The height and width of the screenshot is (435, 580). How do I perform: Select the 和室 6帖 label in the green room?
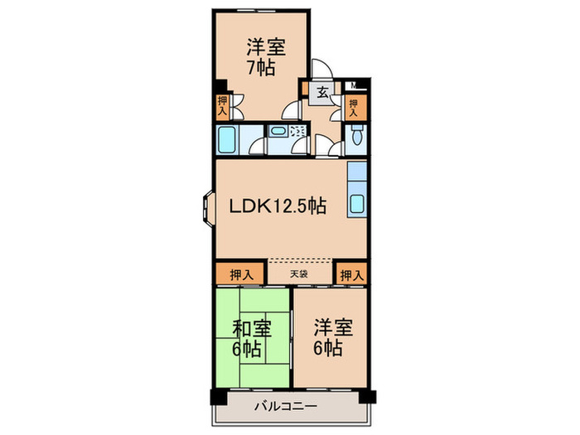tap(251, 337)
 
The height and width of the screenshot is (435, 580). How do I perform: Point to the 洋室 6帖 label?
tap(333, 337)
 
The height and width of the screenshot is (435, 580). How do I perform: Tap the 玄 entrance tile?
tap(320, 93)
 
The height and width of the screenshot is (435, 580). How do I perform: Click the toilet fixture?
tap(357, 137)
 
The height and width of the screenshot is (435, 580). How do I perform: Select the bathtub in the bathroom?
tap(228, 139)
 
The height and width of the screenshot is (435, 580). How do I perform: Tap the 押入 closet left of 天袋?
tap(241, 273)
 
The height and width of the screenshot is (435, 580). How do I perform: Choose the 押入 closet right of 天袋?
tap(352, 273)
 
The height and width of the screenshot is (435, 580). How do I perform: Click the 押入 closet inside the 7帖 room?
tap(223, 104)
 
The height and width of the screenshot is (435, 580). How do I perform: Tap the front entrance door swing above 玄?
tap(321, 70)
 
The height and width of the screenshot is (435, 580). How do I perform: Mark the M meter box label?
tap(353, 85)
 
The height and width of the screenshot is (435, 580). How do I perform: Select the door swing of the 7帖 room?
tap(292, 110)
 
